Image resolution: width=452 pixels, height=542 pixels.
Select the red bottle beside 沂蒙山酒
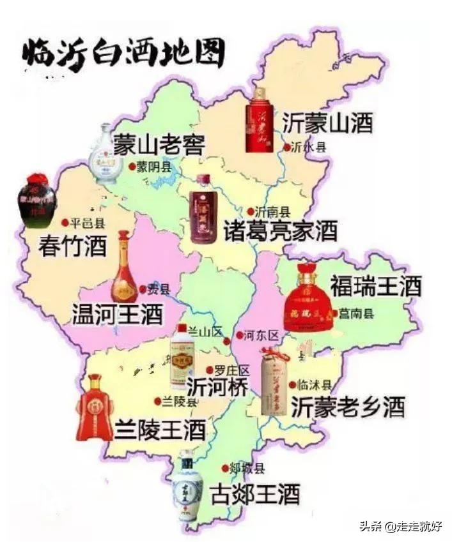click(x=259, y=120)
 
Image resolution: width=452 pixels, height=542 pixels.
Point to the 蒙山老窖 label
click(x=159, y=145)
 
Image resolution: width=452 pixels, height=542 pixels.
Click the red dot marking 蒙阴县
click(x=132, y=167)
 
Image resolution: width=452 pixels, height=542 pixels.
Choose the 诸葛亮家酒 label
click(x=280, y=231)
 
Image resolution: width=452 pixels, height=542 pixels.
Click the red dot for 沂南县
click(x=251, y=211)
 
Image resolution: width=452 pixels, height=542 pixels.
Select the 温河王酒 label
click(x=117, y=313)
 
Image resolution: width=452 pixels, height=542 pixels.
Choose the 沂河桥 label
click(x=217, y=387)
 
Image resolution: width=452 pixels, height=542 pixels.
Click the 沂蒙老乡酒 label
click(x=348, y=407)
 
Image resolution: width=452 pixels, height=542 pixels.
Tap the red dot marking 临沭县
click(x=293, y=385)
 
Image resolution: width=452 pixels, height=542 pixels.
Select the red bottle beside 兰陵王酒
click(x=94, y=409)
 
